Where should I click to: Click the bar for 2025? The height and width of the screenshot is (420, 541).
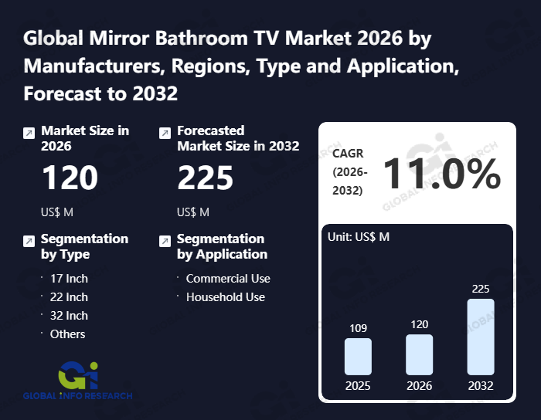pyautogui.click(x=358, y=357)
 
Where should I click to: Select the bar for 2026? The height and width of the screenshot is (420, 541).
pyautogui.click(x=419, y=355)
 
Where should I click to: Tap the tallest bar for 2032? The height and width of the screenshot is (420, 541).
pyautogui.click(x=480, y=337)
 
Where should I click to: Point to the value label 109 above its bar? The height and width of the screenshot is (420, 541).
pyautogui.click(x=358, y=328)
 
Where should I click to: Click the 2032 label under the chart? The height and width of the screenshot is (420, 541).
pyautogui.click(x=480, y=385)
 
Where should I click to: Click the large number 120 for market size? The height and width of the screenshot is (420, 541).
pyautogui.click(x=70, y=178)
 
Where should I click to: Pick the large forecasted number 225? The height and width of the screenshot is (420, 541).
pyautogui.click(x=206, y=178)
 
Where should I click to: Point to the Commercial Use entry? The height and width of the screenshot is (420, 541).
pyautogui.click(x=228, y=279)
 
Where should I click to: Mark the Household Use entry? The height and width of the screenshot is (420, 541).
pyautogui.click(x=225, y=297)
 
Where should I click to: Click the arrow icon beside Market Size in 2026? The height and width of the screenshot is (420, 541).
pyautogui.click(x=29, y=133)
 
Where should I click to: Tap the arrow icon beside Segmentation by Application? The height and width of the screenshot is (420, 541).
pyautogui.click(x=164, y=241)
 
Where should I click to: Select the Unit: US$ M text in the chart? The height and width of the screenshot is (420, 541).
pyautogui.click(x=359, y=237)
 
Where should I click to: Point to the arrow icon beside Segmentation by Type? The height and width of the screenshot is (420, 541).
pyautogui.click(x=29, y=241)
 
